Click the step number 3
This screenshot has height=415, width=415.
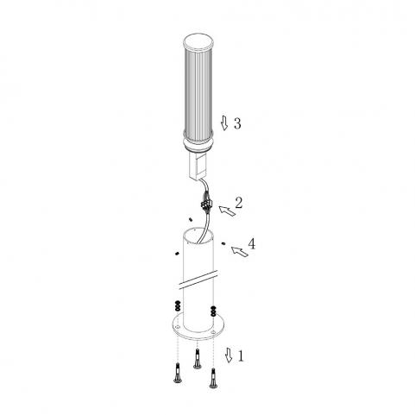click(237, 123)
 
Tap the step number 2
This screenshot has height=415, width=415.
click(239, 203)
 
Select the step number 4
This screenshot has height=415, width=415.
click(251, 244)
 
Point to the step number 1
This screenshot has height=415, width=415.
click(241, 356)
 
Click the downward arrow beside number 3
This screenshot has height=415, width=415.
click(224, 123)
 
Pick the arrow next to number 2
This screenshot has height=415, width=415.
click(227, 211)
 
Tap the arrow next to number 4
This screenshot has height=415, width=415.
click(240, 252)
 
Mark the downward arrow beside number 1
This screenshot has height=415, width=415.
click(229, 355)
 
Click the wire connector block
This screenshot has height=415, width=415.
click(206, 204)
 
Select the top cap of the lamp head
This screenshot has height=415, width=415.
click(198, 42)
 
